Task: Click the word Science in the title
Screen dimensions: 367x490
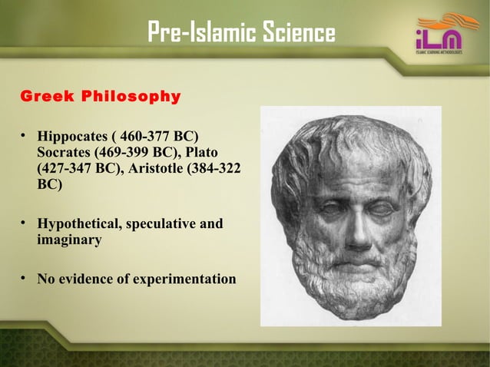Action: click(x=296, y=33)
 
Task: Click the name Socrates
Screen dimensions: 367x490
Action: click(x=67, y=154)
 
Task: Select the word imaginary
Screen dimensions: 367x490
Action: click(x=69, y=240)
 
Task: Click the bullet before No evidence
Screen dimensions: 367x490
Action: click(x=25, y=277)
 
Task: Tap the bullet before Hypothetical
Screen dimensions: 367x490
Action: click(x=25, y=223)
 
